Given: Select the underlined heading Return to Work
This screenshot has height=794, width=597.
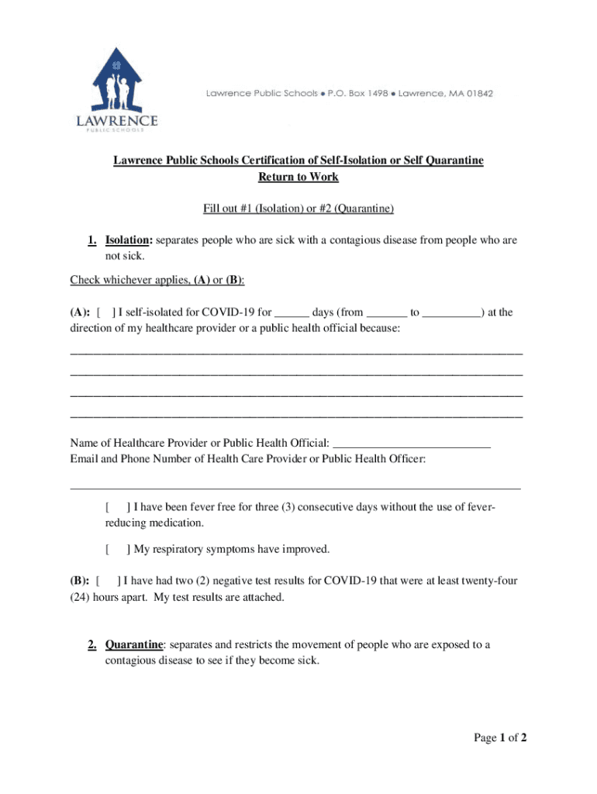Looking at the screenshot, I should [x=298, y=178].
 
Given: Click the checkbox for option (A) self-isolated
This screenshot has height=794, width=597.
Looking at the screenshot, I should [x=105, y=313].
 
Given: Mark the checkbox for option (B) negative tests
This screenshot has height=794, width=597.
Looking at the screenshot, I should [x=106, y=581].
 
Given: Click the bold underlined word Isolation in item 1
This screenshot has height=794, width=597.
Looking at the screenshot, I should [x=125, y=241].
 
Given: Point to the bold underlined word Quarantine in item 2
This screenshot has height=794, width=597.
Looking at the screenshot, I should [x=134, y=645].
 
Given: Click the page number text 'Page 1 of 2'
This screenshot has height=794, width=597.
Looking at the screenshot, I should [x=501, y=738].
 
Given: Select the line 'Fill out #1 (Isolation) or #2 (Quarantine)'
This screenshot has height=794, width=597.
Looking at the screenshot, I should [x=298, y=209].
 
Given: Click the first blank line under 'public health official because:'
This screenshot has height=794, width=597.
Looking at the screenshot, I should [x=296, y=354].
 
